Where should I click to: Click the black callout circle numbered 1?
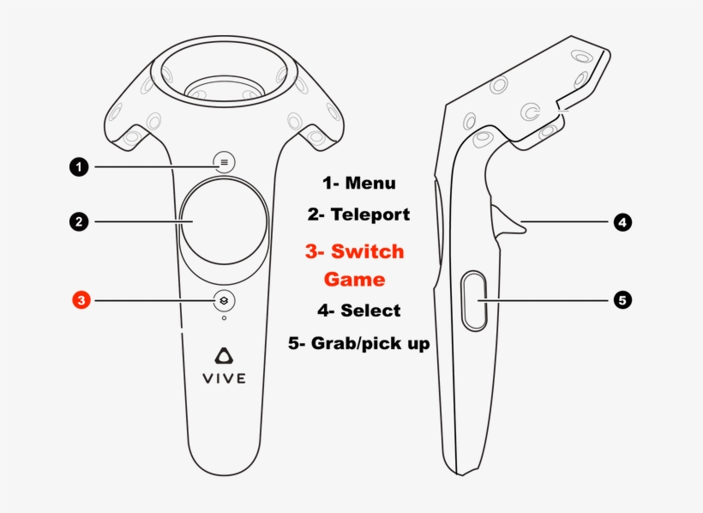tap(79, 167)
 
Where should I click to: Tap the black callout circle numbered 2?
tap(79, 221)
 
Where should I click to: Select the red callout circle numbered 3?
tap(81, 299)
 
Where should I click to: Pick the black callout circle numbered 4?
tap(622, 221)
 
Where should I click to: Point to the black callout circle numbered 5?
tap(622, 299)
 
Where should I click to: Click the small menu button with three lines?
tap(224, 162)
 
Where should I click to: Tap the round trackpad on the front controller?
tap(224, 221)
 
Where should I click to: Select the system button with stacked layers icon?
tap(224, 300)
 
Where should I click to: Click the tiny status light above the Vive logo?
tap(224, 318)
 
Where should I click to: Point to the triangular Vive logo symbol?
tap(224, 355)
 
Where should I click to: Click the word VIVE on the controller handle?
tap(224, 378)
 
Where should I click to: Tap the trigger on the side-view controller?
tap(508, 220)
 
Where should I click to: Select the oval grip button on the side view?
tap(474, 301)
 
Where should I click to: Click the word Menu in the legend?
tap(370, 183)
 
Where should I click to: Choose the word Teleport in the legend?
tap(370, 214)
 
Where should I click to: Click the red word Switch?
tap(367, 251)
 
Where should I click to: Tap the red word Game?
tap(354, 279)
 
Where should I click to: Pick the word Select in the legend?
tap(370, 311)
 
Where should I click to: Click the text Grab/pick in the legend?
tap(351, 343)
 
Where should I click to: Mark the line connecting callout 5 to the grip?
tap(545, 299)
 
